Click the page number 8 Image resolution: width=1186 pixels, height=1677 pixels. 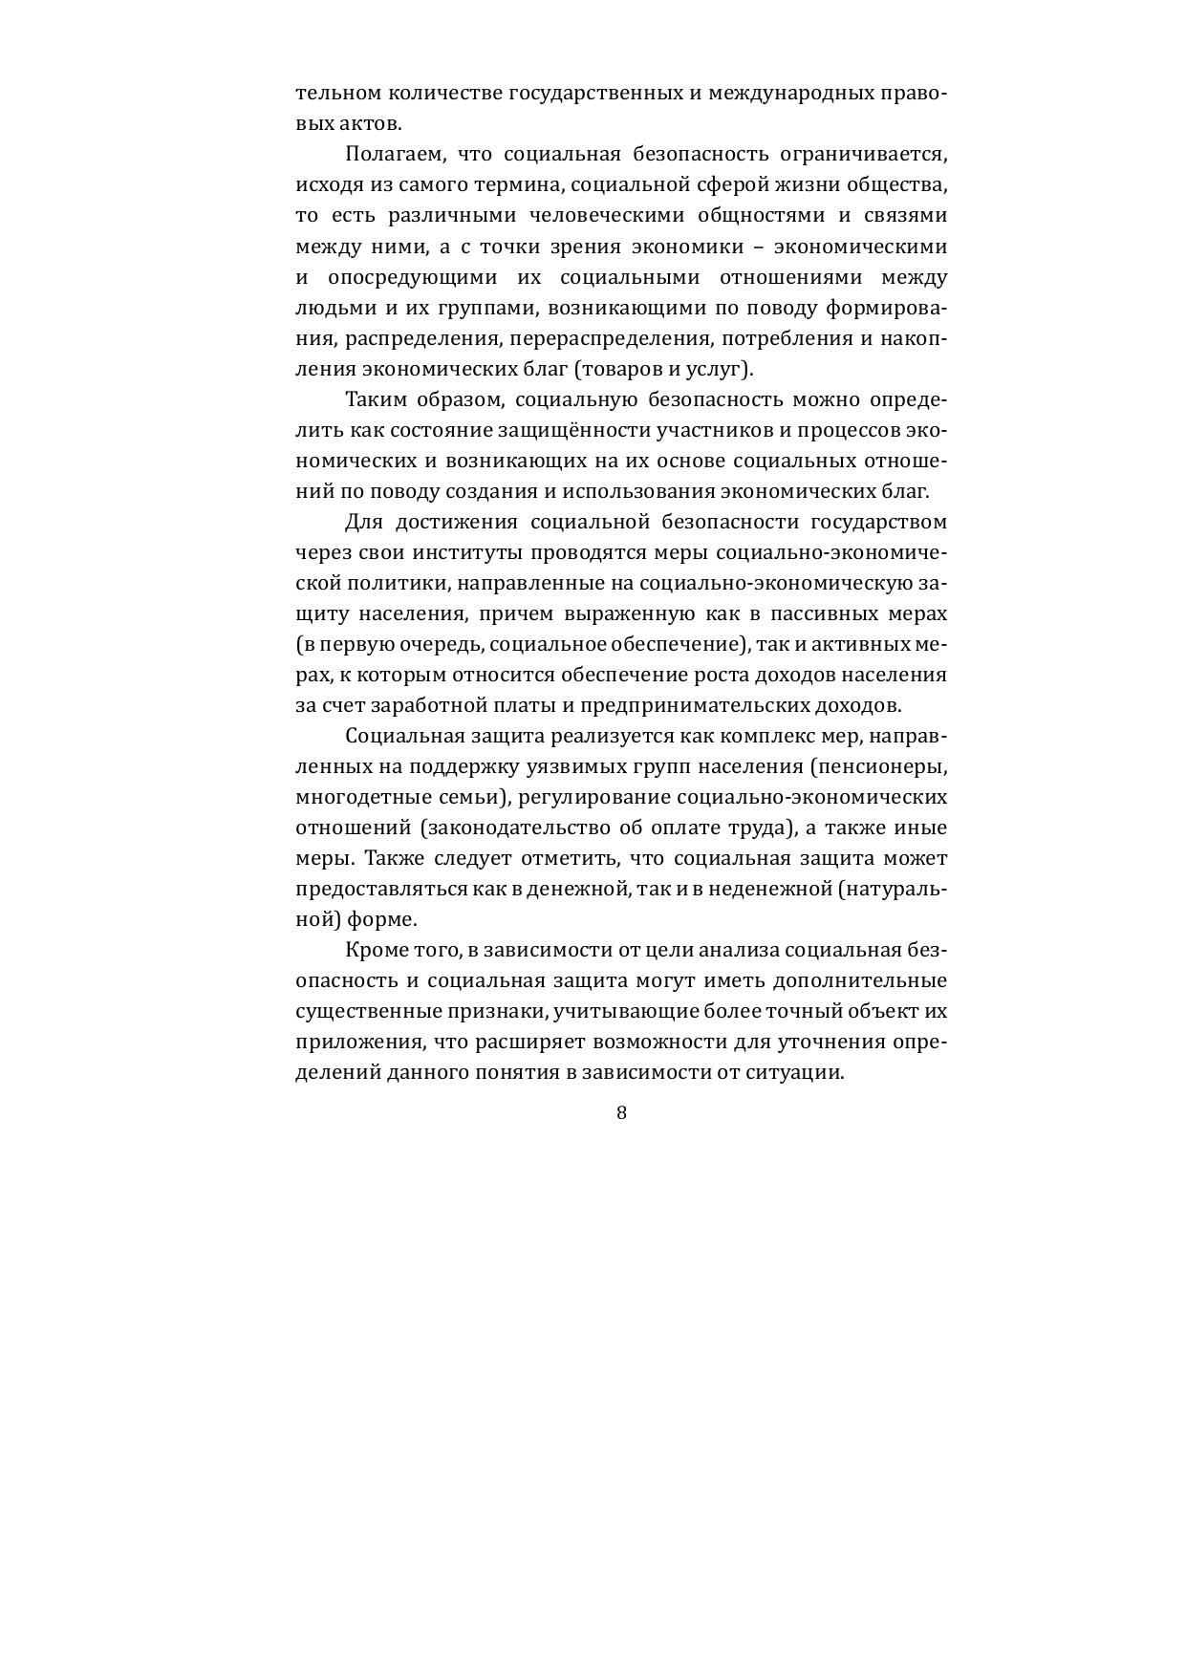(x=621, y=1112)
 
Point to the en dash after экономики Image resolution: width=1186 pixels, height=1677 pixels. (x=758, y=247)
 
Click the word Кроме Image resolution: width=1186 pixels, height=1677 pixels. (x=377, y=950)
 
